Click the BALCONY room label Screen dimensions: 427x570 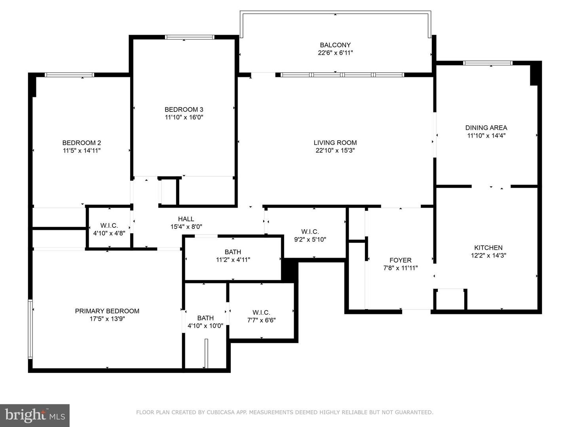point(335,45)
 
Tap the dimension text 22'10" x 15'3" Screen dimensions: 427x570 point(335,150)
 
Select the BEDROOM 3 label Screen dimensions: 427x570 point(184,110)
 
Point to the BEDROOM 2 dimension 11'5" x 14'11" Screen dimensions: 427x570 point(82,150)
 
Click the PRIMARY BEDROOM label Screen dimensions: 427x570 point(107,311)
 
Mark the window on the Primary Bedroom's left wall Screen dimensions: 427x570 point(30,329)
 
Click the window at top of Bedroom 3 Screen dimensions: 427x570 point(190,37)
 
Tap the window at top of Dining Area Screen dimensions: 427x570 point(488,63)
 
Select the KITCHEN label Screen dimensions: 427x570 point(488,248)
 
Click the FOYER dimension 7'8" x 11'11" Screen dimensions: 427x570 point(400,268)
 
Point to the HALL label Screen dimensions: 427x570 point(186,219)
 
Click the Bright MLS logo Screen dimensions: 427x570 point(35,415)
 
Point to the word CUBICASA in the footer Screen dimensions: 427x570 point(220,412)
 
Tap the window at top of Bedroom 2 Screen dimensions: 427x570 point(69,75)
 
